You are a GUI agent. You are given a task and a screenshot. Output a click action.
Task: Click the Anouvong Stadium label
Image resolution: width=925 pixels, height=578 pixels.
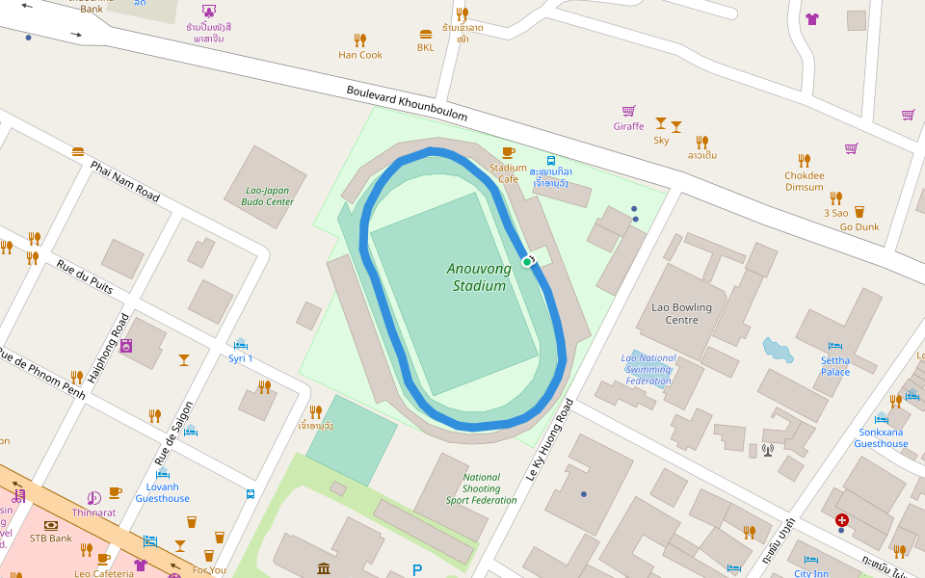477,277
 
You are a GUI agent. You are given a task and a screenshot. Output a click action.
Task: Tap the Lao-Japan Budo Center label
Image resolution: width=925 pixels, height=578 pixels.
267,196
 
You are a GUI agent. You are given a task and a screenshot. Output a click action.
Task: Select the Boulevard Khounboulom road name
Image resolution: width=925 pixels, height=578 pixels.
407,103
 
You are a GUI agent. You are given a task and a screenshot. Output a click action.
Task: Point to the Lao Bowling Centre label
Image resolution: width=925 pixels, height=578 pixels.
681,313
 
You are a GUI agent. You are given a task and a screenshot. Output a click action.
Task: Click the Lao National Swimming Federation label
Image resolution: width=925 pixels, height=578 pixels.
647,369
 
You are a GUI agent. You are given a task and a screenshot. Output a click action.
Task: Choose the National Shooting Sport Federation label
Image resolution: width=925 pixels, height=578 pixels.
481,488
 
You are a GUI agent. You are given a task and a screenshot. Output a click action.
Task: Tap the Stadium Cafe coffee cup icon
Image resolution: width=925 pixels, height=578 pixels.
509,153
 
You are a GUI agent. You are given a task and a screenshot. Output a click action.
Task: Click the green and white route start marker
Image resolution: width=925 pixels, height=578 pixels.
527,261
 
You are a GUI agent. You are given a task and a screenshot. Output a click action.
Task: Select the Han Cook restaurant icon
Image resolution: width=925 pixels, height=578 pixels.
359,40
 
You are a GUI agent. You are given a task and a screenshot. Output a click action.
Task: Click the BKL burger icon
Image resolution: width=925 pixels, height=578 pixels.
425,34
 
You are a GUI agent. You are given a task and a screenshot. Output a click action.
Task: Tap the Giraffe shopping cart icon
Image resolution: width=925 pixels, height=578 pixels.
628,112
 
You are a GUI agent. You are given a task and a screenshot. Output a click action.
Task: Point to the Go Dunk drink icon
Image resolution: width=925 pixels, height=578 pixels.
859,212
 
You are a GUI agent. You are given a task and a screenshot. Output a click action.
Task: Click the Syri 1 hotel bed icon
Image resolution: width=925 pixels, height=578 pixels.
240,344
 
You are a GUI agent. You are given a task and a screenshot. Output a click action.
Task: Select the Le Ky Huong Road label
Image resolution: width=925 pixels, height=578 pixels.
549,439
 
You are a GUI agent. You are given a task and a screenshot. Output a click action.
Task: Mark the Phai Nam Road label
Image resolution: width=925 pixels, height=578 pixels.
124,181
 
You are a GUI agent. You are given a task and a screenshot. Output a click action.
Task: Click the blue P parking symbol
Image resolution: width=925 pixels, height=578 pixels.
416,570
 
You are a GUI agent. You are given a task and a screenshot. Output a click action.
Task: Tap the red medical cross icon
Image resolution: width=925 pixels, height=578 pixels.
842,519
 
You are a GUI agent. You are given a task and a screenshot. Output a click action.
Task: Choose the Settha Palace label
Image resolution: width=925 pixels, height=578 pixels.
834,366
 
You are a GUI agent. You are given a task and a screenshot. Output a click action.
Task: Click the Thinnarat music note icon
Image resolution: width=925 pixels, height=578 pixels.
93,498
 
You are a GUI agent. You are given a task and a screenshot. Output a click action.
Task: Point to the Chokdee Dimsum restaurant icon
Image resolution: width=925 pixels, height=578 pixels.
804,161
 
